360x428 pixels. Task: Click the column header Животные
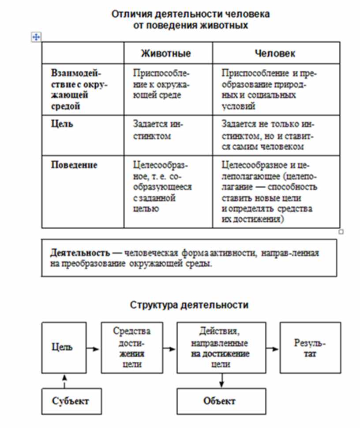coord(166,53)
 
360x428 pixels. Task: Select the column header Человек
coord(275,53)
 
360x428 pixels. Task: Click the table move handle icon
coord(36,37)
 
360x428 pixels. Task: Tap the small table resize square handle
coord(341,231)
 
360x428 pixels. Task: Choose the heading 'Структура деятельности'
coord(189,305)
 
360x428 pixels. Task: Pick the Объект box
coord(219,401)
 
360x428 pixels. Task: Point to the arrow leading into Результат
coord(273,348)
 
